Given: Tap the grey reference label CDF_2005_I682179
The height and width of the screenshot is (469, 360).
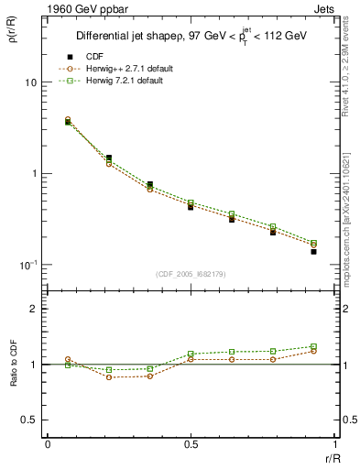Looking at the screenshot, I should (191, 274).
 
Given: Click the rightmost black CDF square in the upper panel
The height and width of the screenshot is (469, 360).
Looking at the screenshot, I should (313, 251).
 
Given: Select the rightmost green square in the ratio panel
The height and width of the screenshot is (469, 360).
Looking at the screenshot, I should (313, 346).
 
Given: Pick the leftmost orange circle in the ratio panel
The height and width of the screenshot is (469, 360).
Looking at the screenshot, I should (68, 360).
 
